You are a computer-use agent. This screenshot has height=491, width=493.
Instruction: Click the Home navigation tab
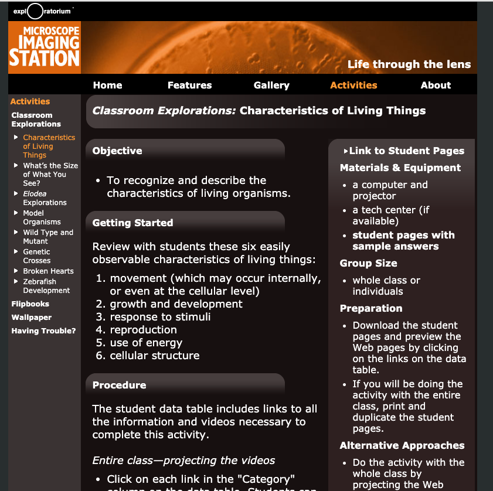coord(107,85)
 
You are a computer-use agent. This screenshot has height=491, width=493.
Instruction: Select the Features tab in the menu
coord(189,85)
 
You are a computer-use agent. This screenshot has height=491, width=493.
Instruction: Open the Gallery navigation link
coord(271,85)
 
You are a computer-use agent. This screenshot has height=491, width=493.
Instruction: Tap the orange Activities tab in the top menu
coord(353,85)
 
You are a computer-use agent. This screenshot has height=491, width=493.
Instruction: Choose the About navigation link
coord(436,85)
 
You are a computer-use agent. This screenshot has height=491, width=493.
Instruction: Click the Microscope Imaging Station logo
coord(45,47)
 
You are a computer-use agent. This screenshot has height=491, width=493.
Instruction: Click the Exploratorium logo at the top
coord(42,11)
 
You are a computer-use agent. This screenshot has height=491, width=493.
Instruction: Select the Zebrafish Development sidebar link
coord(46,286)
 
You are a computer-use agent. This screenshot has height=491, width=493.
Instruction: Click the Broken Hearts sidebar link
coord(48,271)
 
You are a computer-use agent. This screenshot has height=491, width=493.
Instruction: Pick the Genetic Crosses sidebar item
coord(36,256)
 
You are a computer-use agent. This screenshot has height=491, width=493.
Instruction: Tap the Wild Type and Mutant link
coord(48,237)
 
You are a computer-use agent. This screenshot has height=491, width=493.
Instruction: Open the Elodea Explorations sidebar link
coord(45,198)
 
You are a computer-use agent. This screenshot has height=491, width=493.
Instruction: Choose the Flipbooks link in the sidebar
coord(30,304)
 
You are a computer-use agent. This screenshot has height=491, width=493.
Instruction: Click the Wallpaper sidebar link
coord(32,318)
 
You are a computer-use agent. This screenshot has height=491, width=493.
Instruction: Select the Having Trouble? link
coord(43,331)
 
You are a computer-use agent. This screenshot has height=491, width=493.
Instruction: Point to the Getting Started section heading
coord(132,223)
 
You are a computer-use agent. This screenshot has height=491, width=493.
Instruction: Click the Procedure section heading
coord(120,385)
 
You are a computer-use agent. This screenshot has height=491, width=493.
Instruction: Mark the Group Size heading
coord(368,263)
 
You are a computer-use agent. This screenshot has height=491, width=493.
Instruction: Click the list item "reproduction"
coord(143,330)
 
